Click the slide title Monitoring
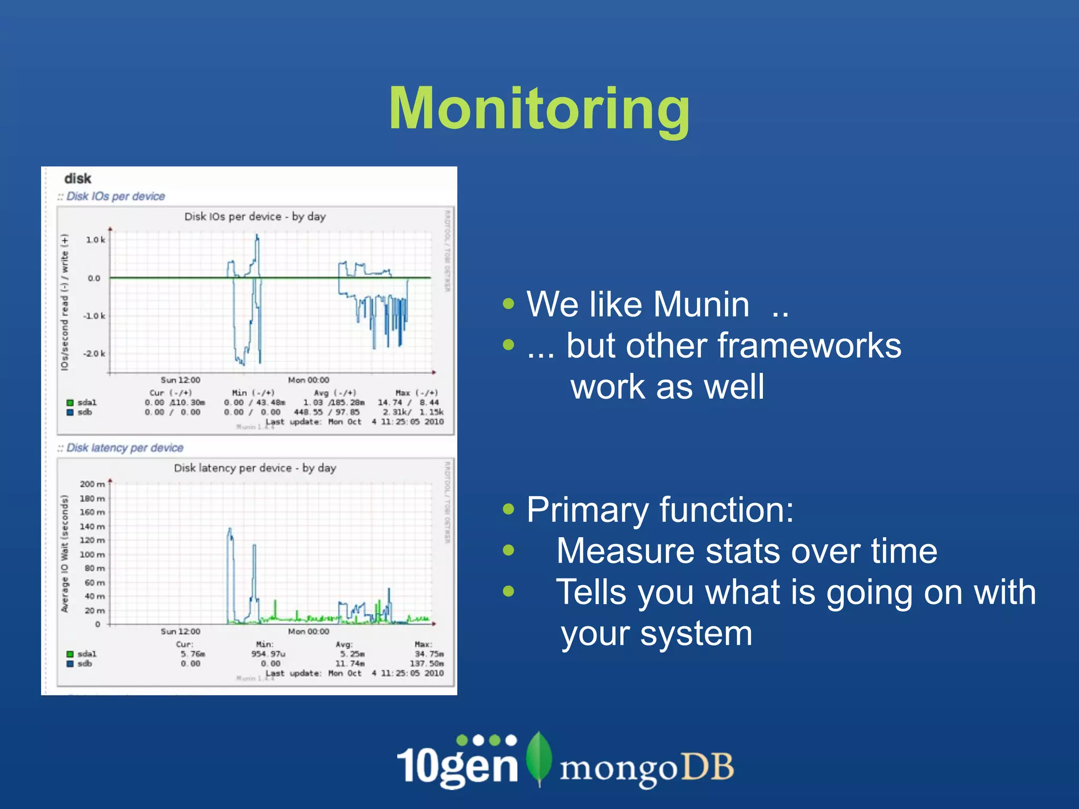point(539,108)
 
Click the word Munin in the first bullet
point(701,304)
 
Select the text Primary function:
point(660,510)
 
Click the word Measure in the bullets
point(625,551)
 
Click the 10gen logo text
point(457,764)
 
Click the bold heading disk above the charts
point(77,179)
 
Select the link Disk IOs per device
point(115,196)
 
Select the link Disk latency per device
point(124,448)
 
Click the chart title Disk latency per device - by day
point(255,468)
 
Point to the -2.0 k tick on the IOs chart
point(94,353)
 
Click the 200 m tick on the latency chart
point(92,484)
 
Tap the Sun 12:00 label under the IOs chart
point(180,380)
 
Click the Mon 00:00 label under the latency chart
point(308,631)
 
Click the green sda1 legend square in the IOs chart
point(70,403)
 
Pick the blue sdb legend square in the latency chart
point(70,664)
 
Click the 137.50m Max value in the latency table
point(426,664)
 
